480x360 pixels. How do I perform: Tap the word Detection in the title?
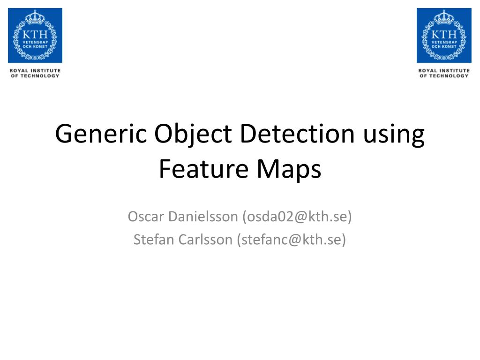pyautogui.click(x=296, y=135)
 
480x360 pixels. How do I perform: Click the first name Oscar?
pyautogui.click(x=145, y=217)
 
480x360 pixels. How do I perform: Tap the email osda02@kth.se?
pyautogui.click(x=296, y=217)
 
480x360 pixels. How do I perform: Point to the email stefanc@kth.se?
pyautogui.click(x=291, y=240)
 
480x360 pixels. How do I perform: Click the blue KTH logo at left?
pyautogui.click(x=35, y=36)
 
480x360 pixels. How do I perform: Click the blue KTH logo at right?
pyautogui.click(x=444, y=36)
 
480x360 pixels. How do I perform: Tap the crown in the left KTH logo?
pyautogui.click(x=35, y=18)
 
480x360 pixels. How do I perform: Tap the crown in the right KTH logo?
pyautogui.click(x=444, y=18)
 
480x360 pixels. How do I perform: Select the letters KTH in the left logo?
pyautogui.click(x=35, y=34)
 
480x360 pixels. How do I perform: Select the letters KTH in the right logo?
pyautogui.click(x=444, y=34)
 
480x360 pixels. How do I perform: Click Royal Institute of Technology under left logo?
pyautogui.click(x=35, y=73)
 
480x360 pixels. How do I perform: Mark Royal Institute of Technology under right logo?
pyautogui.click(x=444, y=73)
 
